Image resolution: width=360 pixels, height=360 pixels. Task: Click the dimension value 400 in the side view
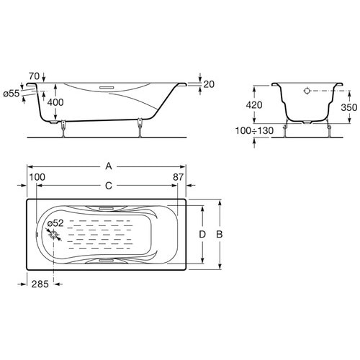coord(55,102)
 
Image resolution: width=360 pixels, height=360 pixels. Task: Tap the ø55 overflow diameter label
coord(12,94)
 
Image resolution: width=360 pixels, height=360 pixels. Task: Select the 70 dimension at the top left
coord(34,76)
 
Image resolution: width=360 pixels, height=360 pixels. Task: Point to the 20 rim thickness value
coord(209,84)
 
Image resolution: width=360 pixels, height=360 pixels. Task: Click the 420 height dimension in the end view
coord(254,105)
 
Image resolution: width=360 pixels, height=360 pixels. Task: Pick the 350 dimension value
coord(349,107)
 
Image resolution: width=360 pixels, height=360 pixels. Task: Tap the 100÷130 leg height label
coord(254,130)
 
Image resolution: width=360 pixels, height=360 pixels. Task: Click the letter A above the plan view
coord(109,166)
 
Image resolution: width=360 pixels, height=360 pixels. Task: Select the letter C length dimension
coord(109,186)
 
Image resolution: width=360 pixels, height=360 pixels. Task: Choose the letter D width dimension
coord(202,234)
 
